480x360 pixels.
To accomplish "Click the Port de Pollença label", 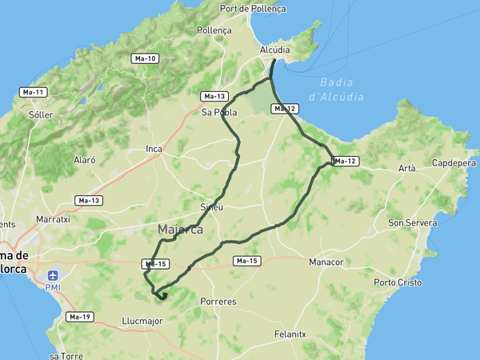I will tap(252, 9).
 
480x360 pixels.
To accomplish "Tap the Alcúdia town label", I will tap(274, 50).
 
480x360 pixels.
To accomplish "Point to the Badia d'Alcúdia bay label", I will tap(342, 89).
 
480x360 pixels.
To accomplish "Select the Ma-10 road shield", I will tap(146, 58).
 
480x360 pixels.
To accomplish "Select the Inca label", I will tap(154, 149).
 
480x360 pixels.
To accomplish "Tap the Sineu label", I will tap(211, 206).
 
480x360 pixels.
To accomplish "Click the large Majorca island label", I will tap(180, 230).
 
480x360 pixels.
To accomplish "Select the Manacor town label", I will tap(326, 262).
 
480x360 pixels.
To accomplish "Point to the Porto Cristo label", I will tap(398, 282).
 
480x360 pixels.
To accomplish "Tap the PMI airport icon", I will tap(53, 274).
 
